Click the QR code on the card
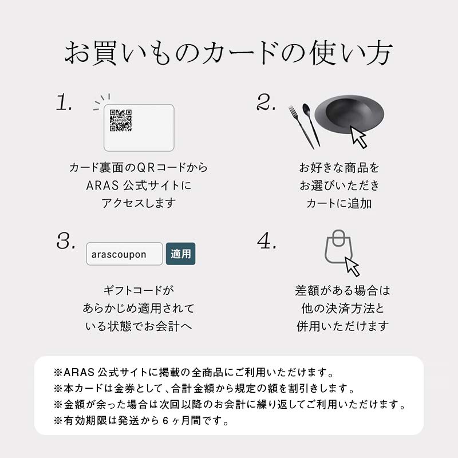(121, 121)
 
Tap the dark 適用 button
(181, 254)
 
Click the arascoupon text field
(124, 254)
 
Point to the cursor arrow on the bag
(352, 266)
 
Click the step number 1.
(64, 103)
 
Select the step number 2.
(267, 103)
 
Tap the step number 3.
(66, 242)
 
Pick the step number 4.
(267, 242)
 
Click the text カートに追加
(339, 203)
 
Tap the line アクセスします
(138, 203)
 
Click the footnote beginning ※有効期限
(141, 422)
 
